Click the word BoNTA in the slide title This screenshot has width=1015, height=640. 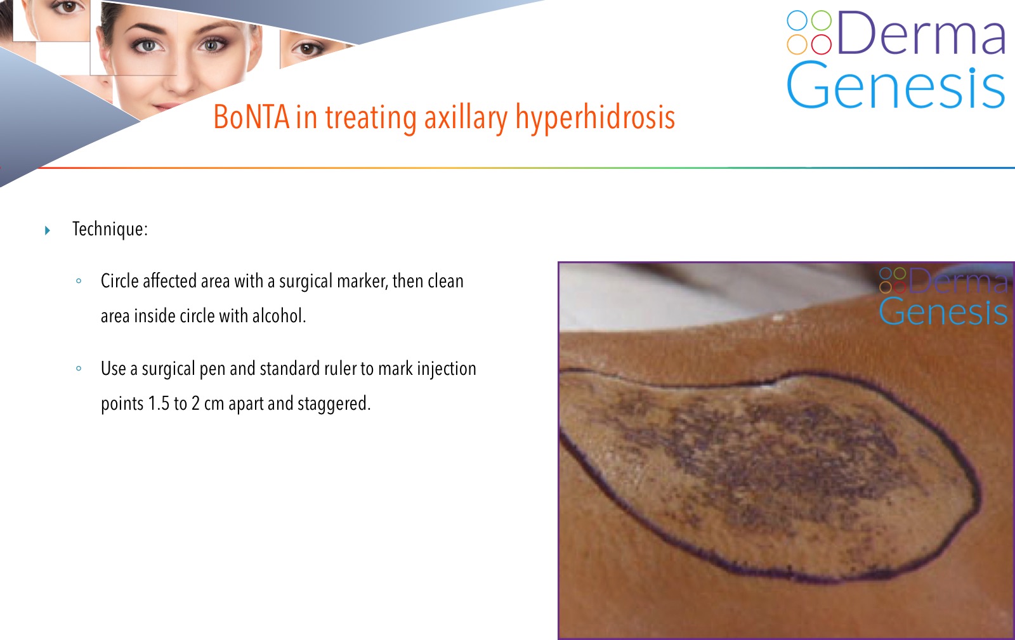[251, 117]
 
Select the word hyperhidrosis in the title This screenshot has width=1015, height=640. [595, 119]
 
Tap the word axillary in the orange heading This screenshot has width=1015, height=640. [466, 119]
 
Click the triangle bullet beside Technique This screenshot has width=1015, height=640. [48, 230]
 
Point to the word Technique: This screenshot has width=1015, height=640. [110, 229]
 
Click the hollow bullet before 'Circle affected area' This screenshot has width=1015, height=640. [79, 281]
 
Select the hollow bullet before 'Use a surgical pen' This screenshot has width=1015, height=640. [79, 369]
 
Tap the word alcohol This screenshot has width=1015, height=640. [279, 316]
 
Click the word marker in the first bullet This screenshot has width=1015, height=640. [363, 281]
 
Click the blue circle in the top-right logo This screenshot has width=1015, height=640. [797, 20]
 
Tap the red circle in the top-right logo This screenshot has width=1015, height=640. [821, 44]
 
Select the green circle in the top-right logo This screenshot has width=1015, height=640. [821, 20]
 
